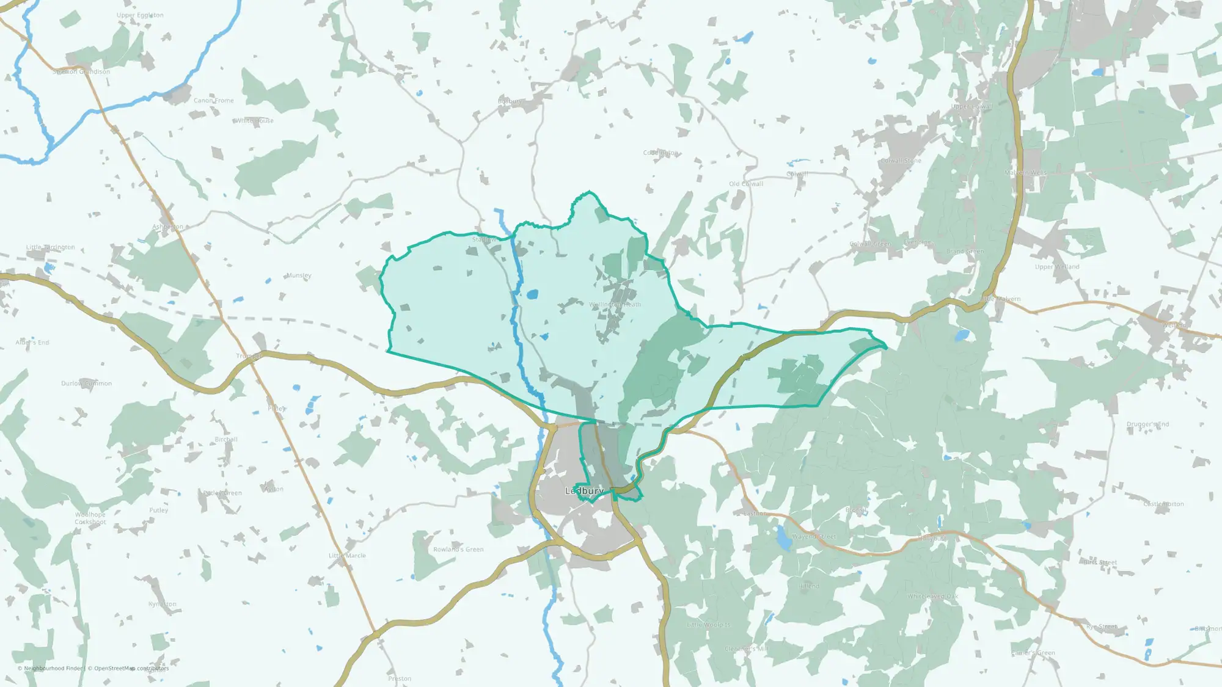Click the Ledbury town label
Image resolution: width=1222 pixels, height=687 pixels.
point(584,491)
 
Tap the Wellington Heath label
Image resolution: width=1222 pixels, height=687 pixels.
point(615,304)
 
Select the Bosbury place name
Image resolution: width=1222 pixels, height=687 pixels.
point(510,101)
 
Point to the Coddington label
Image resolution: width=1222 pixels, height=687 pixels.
point(660,153)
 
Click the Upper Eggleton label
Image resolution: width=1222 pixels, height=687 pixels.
point(140,15)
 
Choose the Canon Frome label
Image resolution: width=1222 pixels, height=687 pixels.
point(213,101)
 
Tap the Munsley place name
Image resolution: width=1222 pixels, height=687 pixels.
point(298,275)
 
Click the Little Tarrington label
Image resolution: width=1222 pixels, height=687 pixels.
point(51,247)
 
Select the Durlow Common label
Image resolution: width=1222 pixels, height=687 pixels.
point(86,383)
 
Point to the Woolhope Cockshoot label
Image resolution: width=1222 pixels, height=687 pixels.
point(90,518)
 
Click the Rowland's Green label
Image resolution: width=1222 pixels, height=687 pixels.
point(458,550)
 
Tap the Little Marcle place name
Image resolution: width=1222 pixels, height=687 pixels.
point(347,556)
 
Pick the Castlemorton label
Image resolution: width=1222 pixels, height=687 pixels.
point(1163,504)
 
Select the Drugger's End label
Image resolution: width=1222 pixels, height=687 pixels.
point(1147,424)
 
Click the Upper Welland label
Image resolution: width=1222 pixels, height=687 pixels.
point(1057,267)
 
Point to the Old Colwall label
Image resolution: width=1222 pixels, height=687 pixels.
point(745,184)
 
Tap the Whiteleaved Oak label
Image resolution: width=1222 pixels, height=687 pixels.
point(932,597)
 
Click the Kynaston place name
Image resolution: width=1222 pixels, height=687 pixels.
point(162,604)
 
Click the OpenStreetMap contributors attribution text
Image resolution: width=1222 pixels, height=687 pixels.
point(131,668)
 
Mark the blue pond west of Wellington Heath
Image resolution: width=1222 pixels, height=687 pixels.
point(532,294)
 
